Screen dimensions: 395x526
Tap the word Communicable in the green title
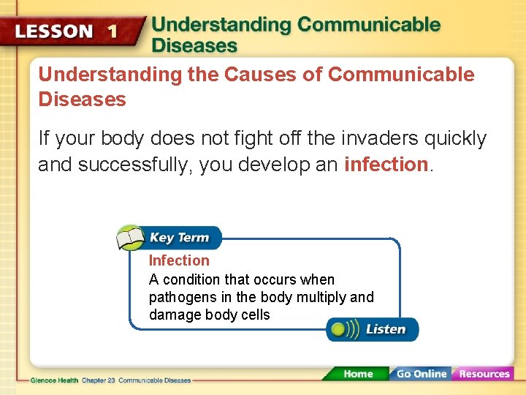tap(369, 25)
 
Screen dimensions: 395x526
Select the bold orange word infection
tap(386, 165)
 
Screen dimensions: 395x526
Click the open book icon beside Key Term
tap(131, 238)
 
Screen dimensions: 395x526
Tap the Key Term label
tap(179, 238)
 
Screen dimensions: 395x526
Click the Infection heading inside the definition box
tap(179, 260)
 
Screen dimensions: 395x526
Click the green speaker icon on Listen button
tap(342, 329)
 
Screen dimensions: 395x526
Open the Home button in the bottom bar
tap(357, 374)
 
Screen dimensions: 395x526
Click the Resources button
tap(484, 374)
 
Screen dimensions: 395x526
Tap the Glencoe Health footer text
tap(55, 380)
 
